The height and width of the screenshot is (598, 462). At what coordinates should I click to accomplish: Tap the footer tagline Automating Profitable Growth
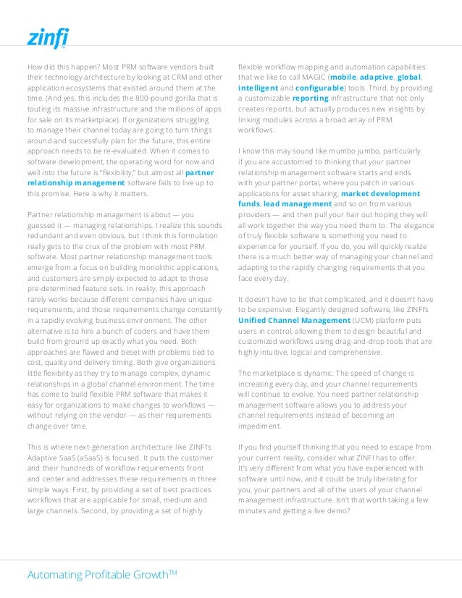click(101, 576)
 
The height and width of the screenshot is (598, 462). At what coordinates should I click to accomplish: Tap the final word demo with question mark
click(337, 510)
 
